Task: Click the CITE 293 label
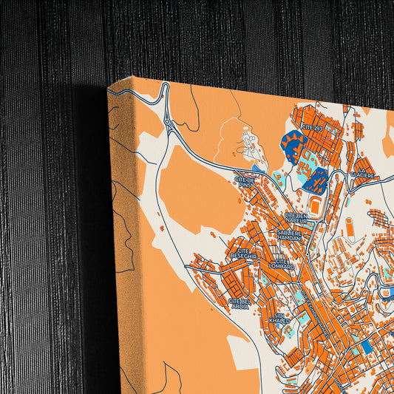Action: point(312,128)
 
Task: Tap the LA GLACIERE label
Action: point(363,174)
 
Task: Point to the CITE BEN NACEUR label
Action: point(297,217)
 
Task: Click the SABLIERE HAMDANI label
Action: point(289,235)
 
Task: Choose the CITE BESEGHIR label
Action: point(245,254)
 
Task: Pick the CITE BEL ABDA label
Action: point(239,304)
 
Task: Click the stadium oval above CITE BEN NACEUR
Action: point(316,206)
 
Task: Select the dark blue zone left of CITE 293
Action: point(294,145)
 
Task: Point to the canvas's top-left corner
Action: point(109,87)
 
